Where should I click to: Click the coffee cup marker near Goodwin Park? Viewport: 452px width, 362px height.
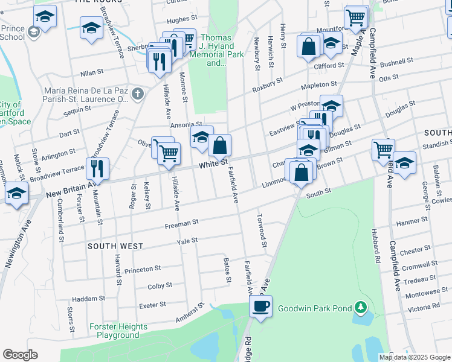click(261, 306)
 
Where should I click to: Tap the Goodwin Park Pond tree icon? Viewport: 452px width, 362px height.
click(361, 308)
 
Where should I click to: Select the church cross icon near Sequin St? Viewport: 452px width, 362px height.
click(138, 94)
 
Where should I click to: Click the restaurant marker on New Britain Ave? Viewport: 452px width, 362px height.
click(97, 168)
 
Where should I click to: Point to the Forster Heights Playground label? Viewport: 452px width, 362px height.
click(118, 331)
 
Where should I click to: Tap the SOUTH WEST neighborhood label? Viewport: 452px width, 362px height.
click(115, 246)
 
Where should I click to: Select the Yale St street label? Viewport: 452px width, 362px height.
click(187, 240)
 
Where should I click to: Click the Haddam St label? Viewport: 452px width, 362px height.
click(89, 299)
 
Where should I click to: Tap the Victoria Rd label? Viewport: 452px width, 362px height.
click(427, 308)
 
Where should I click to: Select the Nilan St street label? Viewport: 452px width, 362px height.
click(92, 72)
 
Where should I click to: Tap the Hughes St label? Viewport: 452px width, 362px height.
click(178, 20)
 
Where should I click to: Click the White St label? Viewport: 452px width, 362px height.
click(213, 164)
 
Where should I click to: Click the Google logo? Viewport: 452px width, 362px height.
click(21, 355)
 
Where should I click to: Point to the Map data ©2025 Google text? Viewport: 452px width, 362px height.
click(415, 357)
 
